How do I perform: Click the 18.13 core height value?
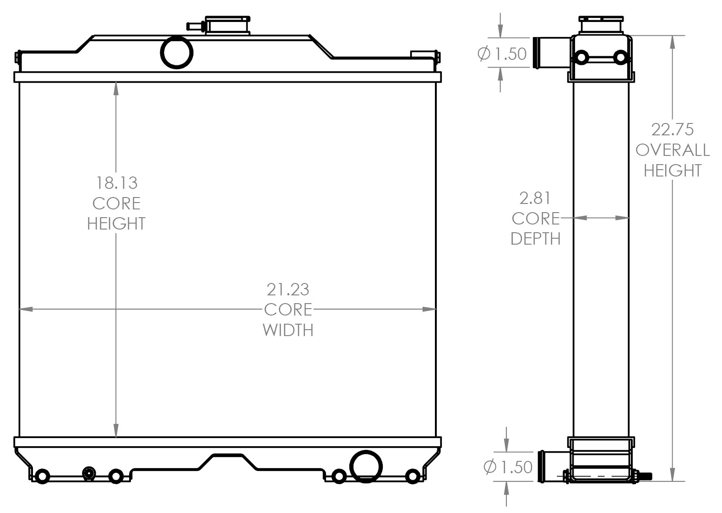pos(116,183)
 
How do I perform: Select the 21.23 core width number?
pos(288,289)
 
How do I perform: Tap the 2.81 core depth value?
pos(535,198)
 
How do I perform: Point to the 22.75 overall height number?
pos(672,129)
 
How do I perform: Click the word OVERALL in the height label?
pos(672,150)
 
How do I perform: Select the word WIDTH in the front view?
pos(288,330)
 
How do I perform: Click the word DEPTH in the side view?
pos(535,239)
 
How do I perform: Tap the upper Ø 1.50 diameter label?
pos(502,54)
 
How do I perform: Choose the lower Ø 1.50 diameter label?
pos(508,467)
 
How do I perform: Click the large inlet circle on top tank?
pos(177,52)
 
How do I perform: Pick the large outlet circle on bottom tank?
pos(366,466)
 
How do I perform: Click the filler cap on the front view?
pos(228,25)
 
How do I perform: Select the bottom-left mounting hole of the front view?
pos(42,476)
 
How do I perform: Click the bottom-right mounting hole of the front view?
pos(413,476)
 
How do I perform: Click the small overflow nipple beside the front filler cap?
pos(195,27)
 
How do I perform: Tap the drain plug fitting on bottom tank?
pos(89,473)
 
